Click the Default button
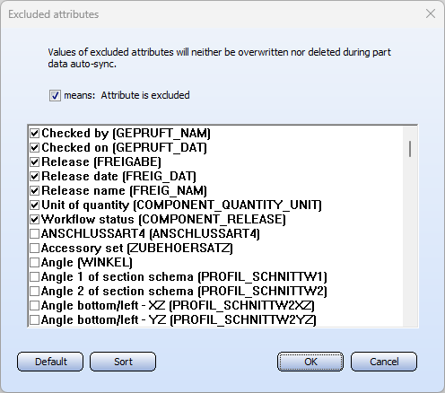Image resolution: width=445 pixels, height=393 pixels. click(x=50, y=362)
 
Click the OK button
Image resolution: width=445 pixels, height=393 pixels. click(x=310, y=362)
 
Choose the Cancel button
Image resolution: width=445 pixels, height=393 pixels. click(x=384, y=362)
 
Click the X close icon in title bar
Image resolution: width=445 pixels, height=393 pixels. click(x=431, y=13)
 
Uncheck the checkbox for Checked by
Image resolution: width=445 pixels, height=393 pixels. click(x=34, y=133)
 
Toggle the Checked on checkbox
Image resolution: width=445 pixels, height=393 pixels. click(x=34, y=147)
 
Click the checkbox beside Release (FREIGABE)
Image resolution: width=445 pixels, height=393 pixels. click(x=34, y=162)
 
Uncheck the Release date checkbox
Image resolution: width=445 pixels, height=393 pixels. click(x=34, y=176)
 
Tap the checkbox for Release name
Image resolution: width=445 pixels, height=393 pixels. click(x=34, y=190)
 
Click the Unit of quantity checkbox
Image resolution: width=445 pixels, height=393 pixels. click(x=34, y=205)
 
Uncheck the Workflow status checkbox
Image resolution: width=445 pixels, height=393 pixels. click(x=34, y=219)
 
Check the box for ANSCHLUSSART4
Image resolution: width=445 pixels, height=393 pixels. click(x=34, y=233)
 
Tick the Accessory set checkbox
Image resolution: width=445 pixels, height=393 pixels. click(x=34, y=248)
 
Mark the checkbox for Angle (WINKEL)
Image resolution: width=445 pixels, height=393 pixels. click(x=34, y=262)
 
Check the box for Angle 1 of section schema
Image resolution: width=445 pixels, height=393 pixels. click(x=34, y=276)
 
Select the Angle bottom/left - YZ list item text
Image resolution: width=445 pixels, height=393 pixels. click(x=179, y=319)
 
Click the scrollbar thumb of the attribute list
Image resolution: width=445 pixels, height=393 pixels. click(x=410, y=149)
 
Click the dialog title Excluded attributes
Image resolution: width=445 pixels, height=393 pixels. click(x=54, y=14)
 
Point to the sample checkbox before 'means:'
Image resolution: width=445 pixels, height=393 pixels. click(x=55, y=96)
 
